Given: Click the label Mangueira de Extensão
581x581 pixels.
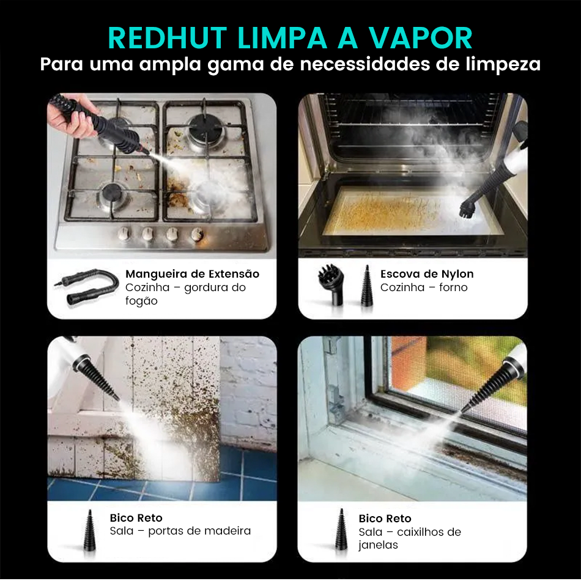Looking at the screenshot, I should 192,274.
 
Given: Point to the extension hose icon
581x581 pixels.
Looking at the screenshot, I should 86,287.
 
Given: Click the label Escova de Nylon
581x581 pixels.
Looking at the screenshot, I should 427,274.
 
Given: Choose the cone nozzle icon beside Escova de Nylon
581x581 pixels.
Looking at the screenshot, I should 367,286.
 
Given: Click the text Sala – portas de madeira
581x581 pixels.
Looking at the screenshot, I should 180,531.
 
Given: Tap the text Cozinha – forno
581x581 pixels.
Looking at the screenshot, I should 424,287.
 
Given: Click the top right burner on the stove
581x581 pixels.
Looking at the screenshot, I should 205,127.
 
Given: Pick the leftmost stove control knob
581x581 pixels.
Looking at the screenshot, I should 124,234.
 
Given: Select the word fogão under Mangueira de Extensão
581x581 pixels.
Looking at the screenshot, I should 141,301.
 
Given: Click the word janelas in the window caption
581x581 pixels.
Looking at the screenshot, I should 378,545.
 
